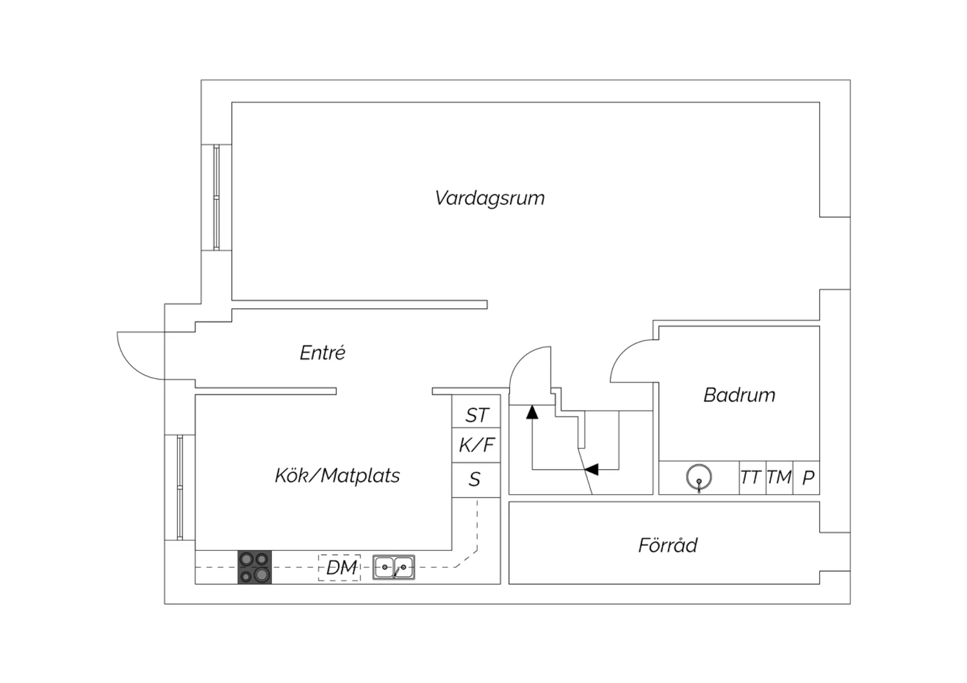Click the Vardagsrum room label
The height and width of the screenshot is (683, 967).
point(489,198)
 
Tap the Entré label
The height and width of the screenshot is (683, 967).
point(322,352)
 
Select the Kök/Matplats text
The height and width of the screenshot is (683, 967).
point(337,476)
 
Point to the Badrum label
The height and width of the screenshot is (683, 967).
point(739,395)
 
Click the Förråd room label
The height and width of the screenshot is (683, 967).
point(667,545)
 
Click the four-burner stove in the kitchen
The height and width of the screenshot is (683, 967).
point(255,567)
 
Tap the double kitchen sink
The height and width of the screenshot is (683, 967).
point(394,567)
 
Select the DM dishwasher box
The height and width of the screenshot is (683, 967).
point(339,568)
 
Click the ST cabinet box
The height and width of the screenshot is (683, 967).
point(476,410)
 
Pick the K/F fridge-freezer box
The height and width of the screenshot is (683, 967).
point(476,445)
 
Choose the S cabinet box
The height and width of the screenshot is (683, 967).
point(476,480)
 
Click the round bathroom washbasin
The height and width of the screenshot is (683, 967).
point(699,477)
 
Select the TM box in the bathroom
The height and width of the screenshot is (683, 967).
point(779,477)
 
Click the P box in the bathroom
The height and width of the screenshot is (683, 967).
point(806,477)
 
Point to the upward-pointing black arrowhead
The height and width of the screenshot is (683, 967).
point(532,412)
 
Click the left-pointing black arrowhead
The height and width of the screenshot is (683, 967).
point(591,469)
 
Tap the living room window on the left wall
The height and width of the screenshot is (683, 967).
point(216,197)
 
